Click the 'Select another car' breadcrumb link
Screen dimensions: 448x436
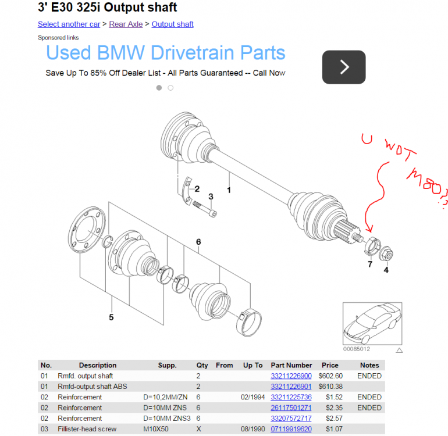click(x=69, y=24)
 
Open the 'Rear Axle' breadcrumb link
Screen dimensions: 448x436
click(x=126, y=24)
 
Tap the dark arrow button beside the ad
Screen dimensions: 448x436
click(x=344, y=67)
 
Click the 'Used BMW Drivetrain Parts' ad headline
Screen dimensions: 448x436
click(x=166, y=53)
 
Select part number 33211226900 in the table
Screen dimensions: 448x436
click(x=291, y=376)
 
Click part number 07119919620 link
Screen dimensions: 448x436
click(x=291, y=429)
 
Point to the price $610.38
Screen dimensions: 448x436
click(x=330, y=387)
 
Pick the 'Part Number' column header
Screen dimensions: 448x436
click(x=291, y=366)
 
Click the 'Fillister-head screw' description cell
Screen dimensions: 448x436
click(x=87, y=429)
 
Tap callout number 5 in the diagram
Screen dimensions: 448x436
click(x=111, y=317)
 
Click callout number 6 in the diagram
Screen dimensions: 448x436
click(x=198, y=242)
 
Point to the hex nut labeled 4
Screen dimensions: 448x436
click(x=386, y=253)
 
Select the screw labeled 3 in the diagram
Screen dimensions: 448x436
click(x=205, y=209)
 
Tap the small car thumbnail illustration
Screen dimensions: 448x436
click(x=372, y=324)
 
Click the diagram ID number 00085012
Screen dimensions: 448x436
click(x=357, y=349)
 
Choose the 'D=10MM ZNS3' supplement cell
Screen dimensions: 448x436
click(x=166, y=419)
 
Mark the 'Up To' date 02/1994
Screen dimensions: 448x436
click(x=253, y=397)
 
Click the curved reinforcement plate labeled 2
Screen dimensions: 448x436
click(x=187, y=191)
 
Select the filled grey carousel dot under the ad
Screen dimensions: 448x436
click(x=159, y=88)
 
